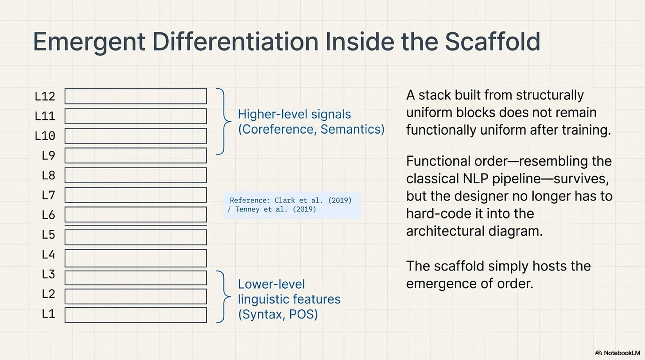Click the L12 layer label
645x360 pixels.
[45, 97]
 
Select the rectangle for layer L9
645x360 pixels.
[136, 155]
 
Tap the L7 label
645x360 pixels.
[48, 195]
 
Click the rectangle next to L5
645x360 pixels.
[136, 237]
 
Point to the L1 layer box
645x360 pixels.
[136, 315]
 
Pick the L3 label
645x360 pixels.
[48, 275]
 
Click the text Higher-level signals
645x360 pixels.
[294, 114]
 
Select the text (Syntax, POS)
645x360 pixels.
[278, 315]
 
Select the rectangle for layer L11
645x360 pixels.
[136, 116]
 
